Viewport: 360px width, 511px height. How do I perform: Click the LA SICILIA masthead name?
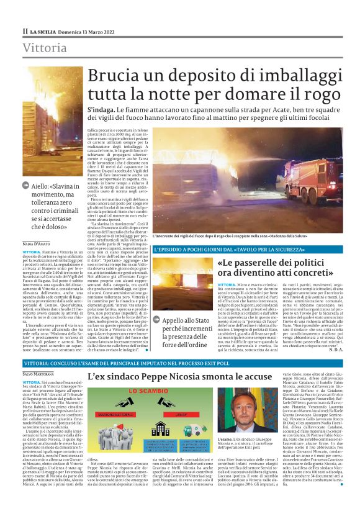[x=43, y=30]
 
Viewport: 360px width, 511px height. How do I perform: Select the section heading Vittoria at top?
[x=45, y=48]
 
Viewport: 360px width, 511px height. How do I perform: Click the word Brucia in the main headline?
[x=117, y=76]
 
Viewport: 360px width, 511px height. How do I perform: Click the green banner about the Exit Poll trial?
[x=179, y=361]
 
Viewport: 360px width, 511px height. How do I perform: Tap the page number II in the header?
[x=25, y=30]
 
